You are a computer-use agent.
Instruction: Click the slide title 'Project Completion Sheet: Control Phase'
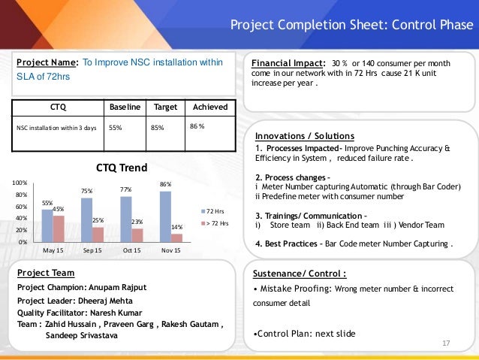coord(351,27)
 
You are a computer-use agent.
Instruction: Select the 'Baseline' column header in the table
coord(125,107)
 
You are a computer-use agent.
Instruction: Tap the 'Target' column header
coord(164,107)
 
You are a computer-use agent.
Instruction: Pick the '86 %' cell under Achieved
coord(197,126)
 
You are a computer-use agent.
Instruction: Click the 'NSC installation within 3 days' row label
coord(58,128)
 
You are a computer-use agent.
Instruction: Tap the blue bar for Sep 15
coord(86,219)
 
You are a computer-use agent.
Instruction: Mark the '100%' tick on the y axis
coord(20,183)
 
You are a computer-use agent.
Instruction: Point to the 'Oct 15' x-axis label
coord(131,250)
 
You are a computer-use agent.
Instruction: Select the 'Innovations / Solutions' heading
coord(305,136)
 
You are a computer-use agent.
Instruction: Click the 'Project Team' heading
coord(45,272)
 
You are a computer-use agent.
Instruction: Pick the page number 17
coord(446,343)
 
